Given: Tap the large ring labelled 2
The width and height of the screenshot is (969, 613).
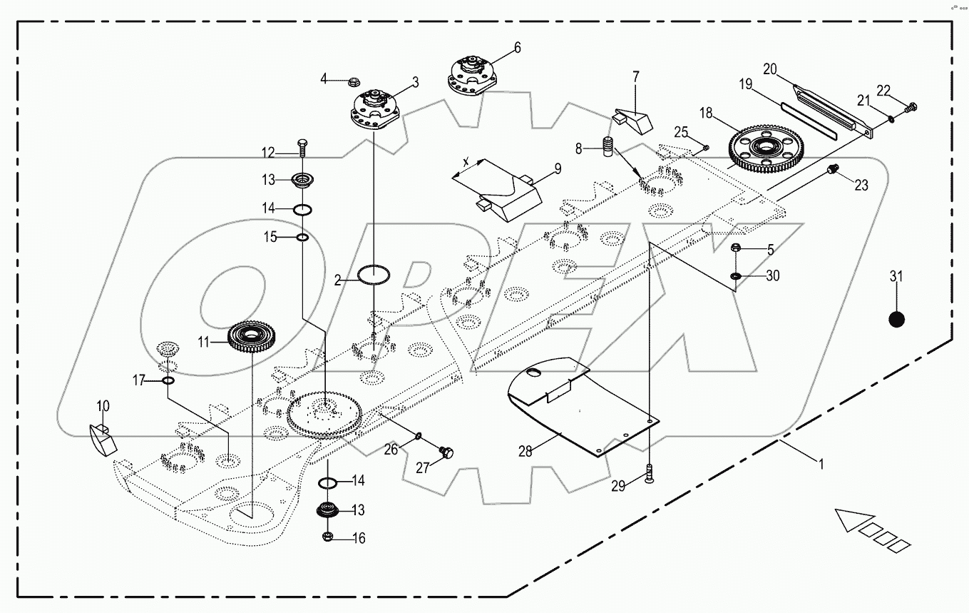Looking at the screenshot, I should pyautogui.click(x=374, y=274).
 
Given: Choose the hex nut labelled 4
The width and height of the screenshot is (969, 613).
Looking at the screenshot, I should pyautogui.click(x=354, y=81).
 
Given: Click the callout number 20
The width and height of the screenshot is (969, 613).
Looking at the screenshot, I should pyautogui.click(x=769, y=69).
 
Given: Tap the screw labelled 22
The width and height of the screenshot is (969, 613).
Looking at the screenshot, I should pyautogui.click(x=910, y=108).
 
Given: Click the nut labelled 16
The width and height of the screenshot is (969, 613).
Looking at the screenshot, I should pyautogui.click(x=328, y=537).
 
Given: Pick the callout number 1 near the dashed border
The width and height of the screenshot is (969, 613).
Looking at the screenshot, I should pyautogui.click(x=820, y=463).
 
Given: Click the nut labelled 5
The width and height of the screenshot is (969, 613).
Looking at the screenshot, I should pyautogui.click(x=737, y=248).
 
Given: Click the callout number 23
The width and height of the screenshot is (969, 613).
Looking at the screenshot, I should pyautogui.click(x=861, y=185).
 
